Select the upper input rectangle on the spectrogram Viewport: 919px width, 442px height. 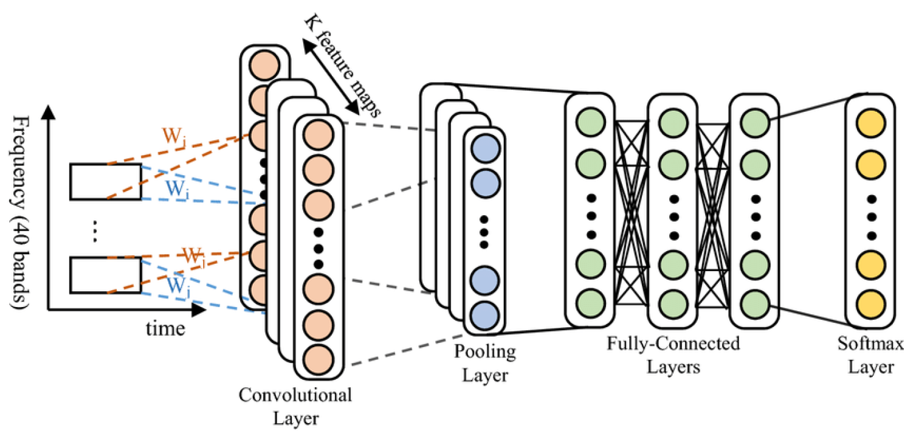click(x=105, y=181)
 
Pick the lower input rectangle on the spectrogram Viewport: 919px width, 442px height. click(x=105, y=275)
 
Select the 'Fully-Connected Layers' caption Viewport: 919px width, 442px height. click(x=673, y=355)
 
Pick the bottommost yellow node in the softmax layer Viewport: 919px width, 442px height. click(x=871, y=302)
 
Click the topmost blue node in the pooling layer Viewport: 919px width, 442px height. click(x=484, y=148)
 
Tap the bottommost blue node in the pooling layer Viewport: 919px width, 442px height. click(x=484, y=314)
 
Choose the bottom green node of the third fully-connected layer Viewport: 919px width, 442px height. click(x=754, y=302)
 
